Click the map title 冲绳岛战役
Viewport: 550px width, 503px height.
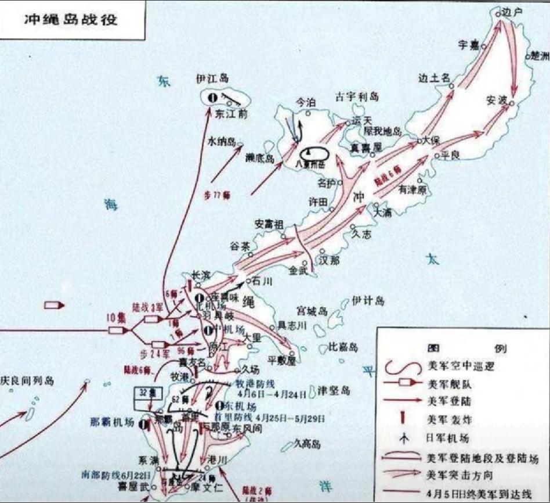71,19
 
